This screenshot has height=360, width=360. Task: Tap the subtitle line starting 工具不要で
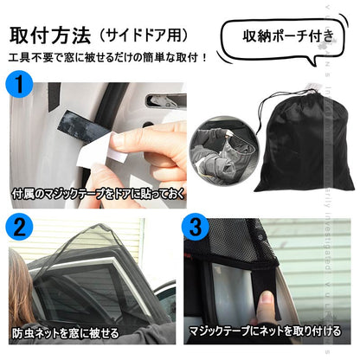click(108, 60)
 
